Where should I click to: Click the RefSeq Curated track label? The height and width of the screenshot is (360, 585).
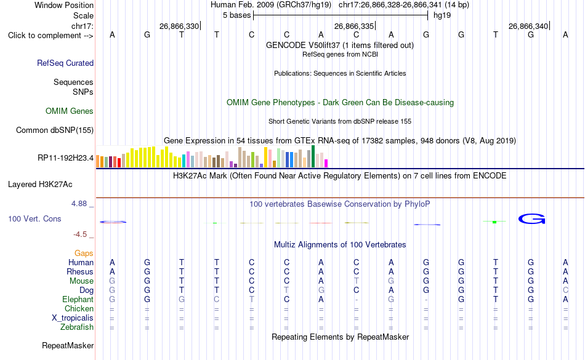[x=65, y=63]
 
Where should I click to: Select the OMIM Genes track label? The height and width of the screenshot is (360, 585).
[x=70, y=111]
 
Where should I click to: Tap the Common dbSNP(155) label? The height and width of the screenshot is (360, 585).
[x=55, y=130]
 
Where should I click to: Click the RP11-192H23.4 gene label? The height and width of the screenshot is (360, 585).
[x=66, y=158]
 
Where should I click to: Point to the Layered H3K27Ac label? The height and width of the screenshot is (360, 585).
[x=40, y=185]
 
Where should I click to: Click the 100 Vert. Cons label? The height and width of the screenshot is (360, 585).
[x=34, y=218]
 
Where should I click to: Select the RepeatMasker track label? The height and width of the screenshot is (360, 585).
[x=68, y=345]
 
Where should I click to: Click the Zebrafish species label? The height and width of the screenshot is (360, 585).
[x=77, y=327]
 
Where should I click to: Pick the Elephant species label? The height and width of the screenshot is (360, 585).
[x=78, y=299]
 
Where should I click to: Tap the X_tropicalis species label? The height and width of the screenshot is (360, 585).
[x=73, y=318]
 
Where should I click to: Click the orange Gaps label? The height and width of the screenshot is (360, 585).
[x=84, y=254]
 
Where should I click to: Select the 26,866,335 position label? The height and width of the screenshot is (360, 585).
[x=353, y=26]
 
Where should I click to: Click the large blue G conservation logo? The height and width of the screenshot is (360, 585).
[x=531, y=218]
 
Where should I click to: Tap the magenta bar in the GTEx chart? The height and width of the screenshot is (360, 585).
[x=326, y=163]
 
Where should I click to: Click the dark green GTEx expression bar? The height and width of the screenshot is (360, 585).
[x=313, y=156]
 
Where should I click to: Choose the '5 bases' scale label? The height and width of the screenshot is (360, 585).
[x=237, y=15]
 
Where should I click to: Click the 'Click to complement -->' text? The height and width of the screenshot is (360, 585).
[x=50, y=36]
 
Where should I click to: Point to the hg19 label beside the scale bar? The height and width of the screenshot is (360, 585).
[x=442, y=15]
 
